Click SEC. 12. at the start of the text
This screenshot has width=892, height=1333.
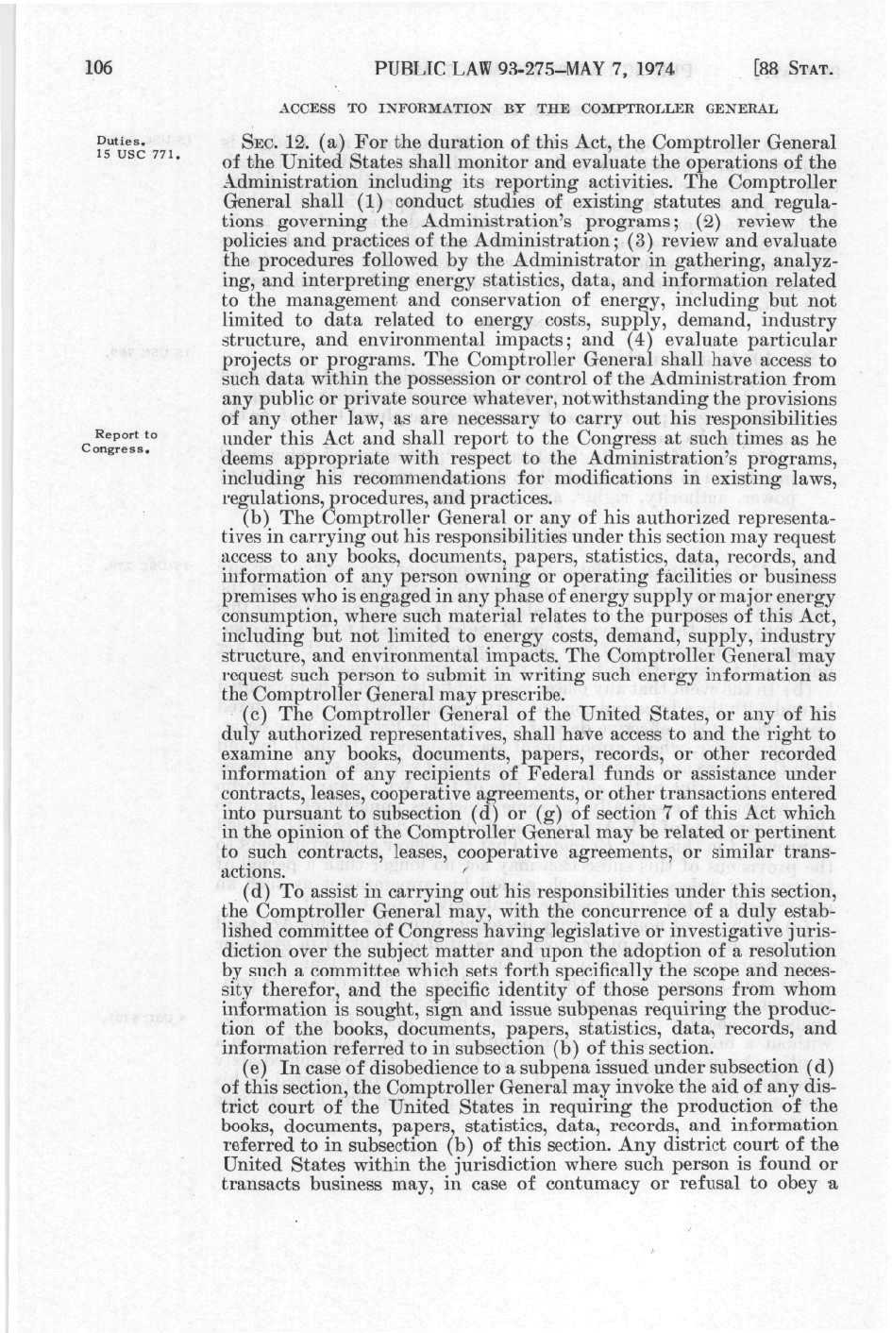pyautogui.click(x=276, y=143)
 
